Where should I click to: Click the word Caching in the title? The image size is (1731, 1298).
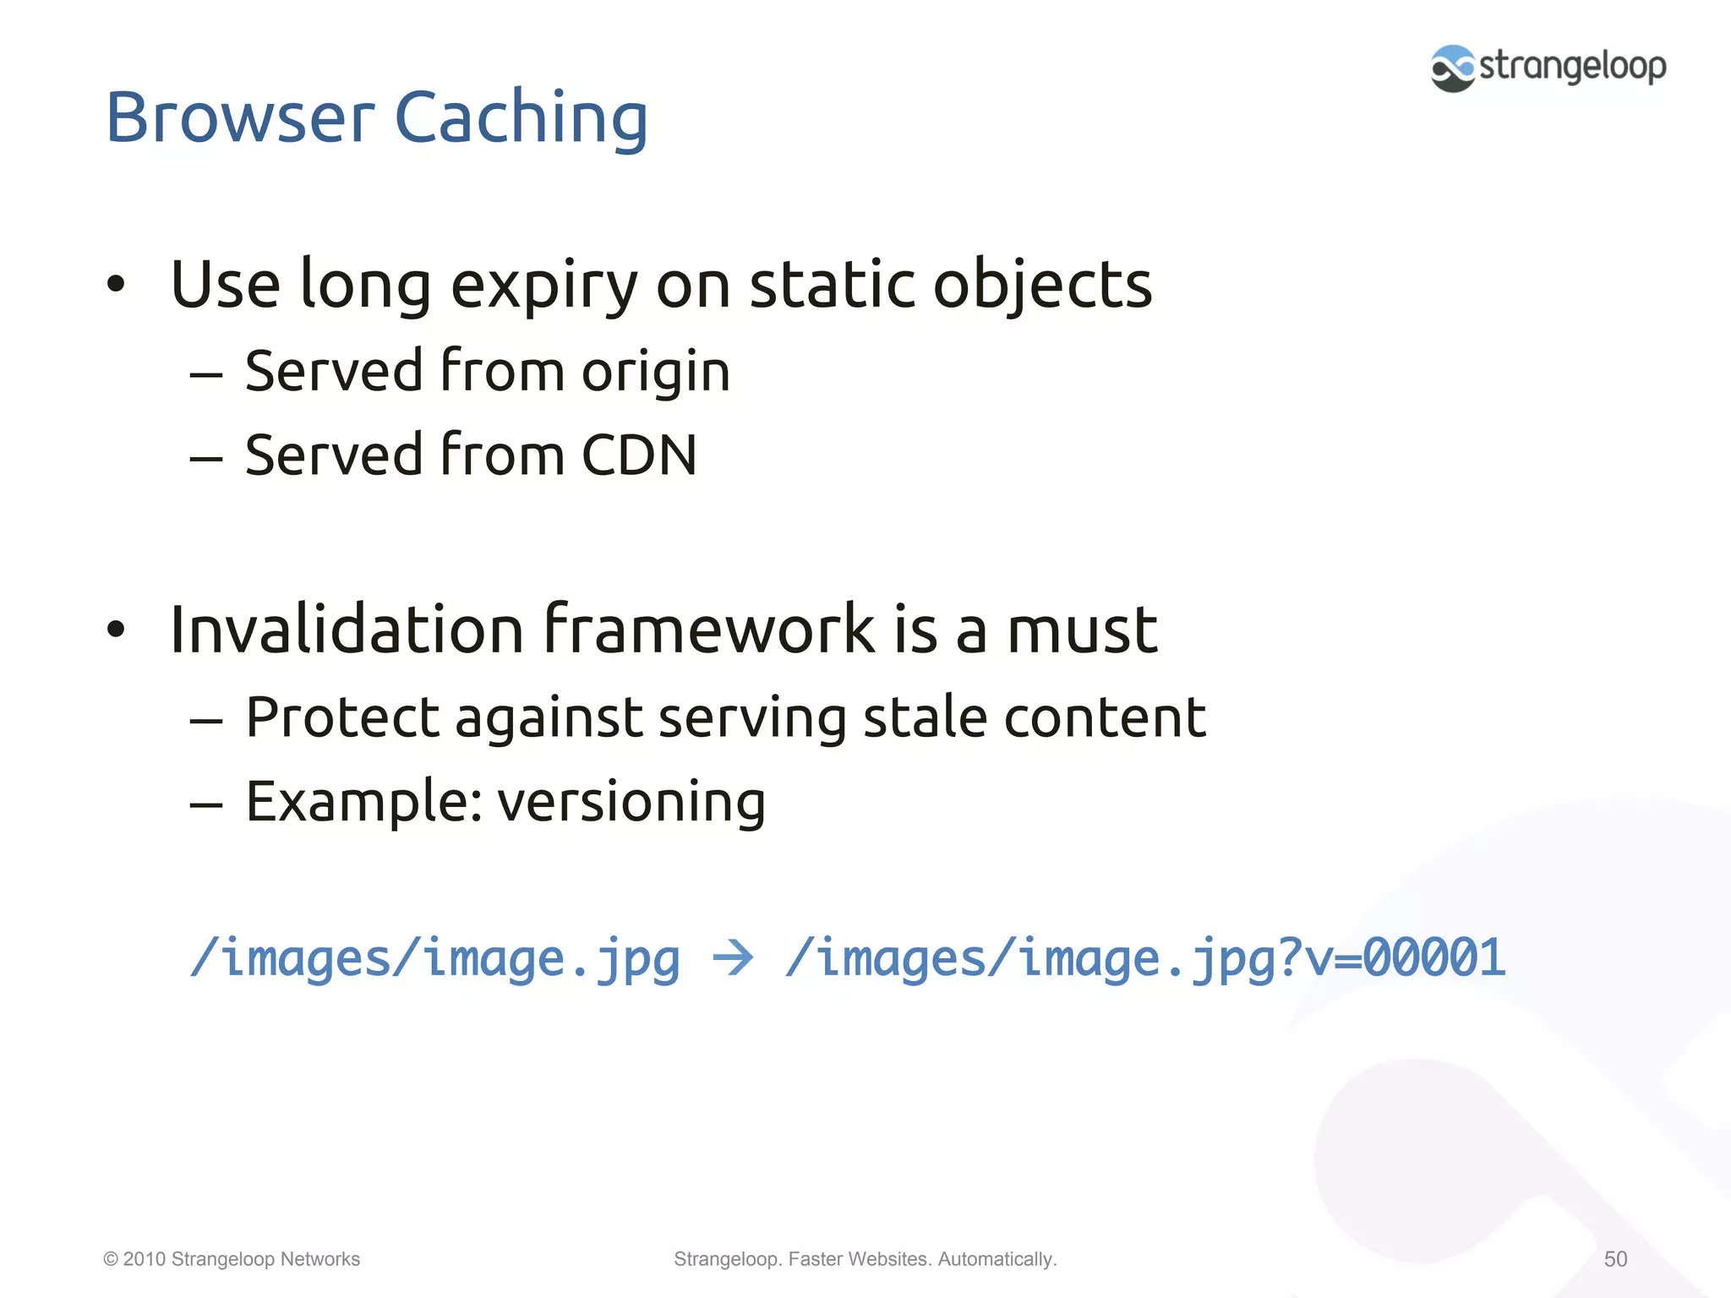pos(521,118)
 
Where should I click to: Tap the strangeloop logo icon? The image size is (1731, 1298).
pos(1453,68)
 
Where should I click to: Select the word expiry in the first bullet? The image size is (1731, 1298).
pos(544,285)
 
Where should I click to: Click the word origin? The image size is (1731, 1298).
pos(656,372)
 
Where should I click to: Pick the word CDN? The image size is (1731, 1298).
pos(639,455)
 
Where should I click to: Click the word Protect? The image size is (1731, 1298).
pos(342,717)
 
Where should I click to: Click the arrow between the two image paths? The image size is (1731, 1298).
pos(732,958)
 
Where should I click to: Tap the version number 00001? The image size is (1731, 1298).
pos(1434,958)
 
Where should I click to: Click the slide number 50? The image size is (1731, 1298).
pos(1615,1259)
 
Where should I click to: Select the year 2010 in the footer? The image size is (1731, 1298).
pos(144,1259)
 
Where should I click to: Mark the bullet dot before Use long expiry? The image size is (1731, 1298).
pos(116,285)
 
